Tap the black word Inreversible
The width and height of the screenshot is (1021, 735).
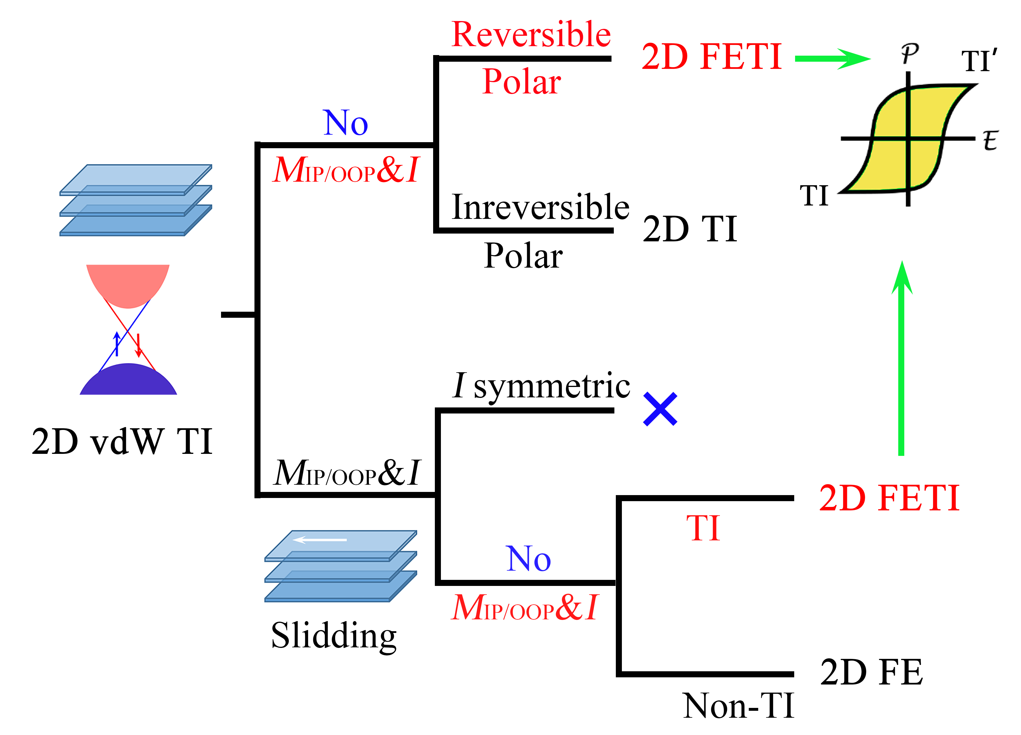pyautogui.click(x=540, y=207)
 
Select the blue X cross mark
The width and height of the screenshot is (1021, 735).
pyautogui.click(x=660, y=409)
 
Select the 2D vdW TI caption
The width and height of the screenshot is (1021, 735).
pyautogui.click(x=122, y=441)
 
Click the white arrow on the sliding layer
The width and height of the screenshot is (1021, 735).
pyautogui.click(x=320, y=539)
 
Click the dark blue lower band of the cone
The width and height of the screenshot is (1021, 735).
pyautogui.click(x=128, y=381)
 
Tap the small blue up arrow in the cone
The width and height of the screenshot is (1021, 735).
pyautogui.click(x=117, y=344)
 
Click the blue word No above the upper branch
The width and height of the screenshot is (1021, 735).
pyautogui.click(x=345, y=123)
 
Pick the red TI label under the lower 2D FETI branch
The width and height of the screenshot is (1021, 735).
pyautogui.click(x=703, y=528)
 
